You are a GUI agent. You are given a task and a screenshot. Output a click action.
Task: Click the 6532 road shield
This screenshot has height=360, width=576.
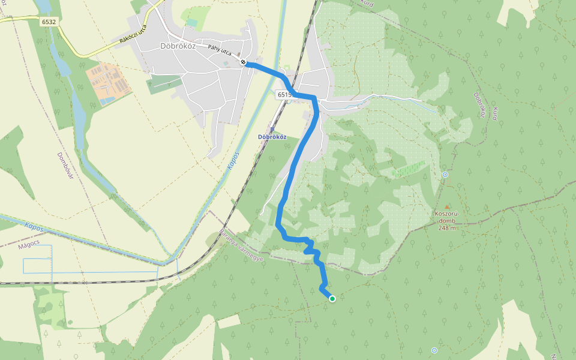click(49, 22)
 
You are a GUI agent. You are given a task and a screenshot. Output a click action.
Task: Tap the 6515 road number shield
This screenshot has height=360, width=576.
click(284, 95)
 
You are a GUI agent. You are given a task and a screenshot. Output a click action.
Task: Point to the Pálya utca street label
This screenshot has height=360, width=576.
click(219, 50)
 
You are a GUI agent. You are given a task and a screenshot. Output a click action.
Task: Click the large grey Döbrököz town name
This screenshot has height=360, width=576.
click(179, 46)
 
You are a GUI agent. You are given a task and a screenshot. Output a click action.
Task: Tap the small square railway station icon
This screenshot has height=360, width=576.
click(272, 128)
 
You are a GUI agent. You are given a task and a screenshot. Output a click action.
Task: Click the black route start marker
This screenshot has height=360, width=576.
click(243, 62)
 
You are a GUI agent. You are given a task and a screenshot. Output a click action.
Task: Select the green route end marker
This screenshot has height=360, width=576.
click(332, 298)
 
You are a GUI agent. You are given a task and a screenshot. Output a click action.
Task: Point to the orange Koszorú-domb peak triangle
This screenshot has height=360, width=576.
click(447, 206)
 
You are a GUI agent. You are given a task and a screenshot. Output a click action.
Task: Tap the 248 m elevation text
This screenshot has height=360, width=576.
click(447, 227)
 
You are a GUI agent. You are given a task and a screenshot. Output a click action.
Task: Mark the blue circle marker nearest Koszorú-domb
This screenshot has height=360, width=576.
click(445, 175)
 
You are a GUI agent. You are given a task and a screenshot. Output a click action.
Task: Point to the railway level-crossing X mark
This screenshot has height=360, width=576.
click(85, 282)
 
